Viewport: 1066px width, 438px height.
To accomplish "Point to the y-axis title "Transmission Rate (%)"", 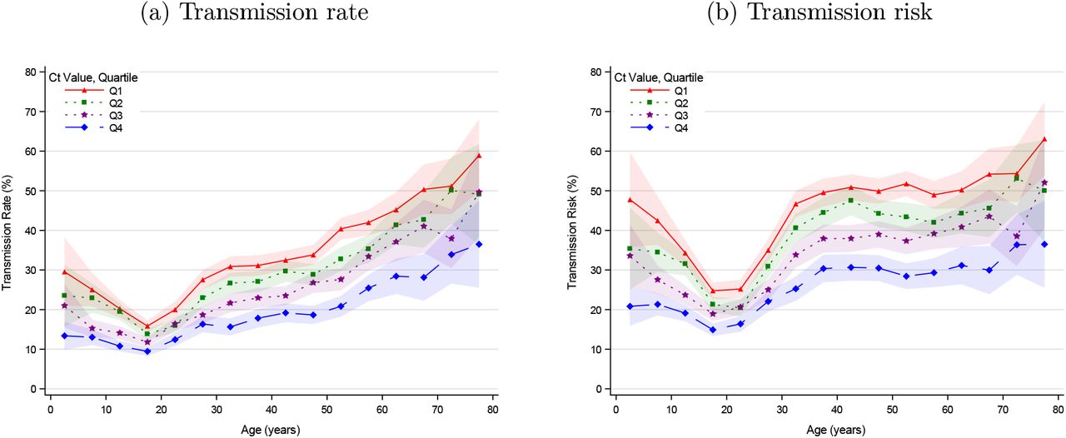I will pos(7,232).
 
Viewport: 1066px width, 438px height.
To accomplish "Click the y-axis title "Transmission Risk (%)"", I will pos(572,232).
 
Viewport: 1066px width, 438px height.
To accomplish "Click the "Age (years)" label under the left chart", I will pos(272,430).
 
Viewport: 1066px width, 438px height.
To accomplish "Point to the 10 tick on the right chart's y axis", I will pos(597,349).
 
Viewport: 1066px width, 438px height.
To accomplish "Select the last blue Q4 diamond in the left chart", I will pos(480,244).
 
